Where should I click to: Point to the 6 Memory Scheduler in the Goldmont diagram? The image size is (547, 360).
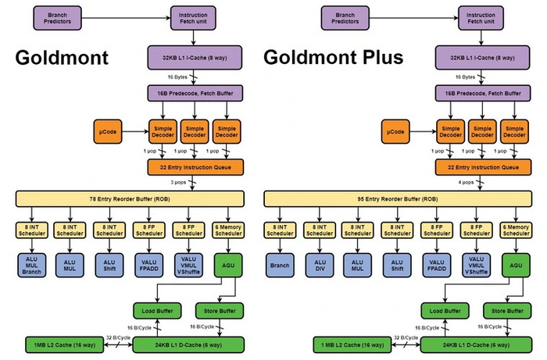click(x=227, y=230)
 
